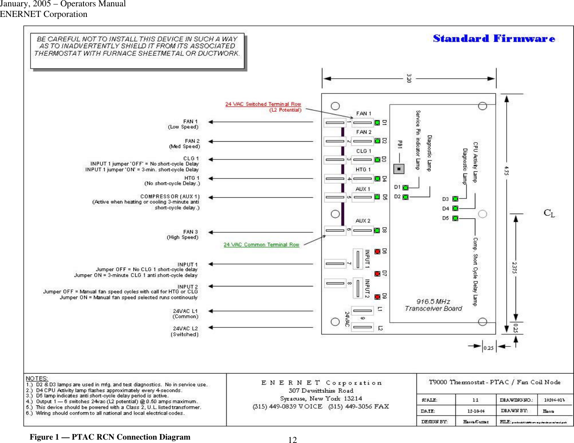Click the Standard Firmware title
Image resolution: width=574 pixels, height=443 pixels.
click(494, 39)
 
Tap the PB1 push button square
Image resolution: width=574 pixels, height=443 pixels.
click(399, 169)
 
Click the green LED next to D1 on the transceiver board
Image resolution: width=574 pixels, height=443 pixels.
click(405, 187)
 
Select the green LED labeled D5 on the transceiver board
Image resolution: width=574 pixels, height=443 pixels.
click(455, 218)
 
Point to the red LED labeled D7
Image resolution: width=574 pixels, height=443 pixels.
click(377, 274)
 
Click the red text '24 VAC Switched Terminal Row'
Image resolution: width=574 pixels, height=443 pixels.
click(263, 104)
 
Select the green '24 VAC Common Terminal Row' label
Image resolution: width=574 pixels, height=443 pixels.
click(261, 245)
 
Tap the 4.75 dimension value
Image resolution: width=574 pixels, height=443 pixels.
click(507, 171)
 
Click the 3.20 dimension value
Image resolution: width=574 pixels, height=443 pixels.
click(409, 78)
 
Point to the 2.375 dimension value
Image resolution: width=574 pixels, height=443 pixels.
click(515, 267)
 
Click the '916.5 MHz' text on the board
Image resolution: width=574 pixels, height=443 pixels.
click(433, 302)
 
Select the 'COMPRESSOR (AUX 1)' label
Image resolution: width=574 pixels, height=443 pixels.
click(169, 197)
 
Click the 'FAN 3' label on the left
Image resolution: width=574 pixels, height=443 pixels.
click(190, 232)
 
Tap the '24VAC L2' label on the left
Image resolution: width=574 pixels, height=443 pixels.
click(185, 328)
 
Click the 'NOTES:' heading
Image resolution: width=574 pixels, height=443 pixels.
click(37, 378)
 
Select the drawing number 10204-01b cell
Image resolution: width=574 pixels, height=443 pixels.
click(555, 400)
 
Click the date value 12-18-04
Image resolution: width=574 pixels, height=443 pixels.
click(476, 411)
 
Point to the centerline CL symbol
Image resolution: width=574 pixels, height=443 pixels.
click(549, 213)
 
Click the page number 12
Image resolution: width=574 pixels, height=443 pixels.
click(292, 440)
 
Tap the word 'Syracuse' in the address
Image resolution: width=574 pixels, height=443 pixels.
click(293, 399)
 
